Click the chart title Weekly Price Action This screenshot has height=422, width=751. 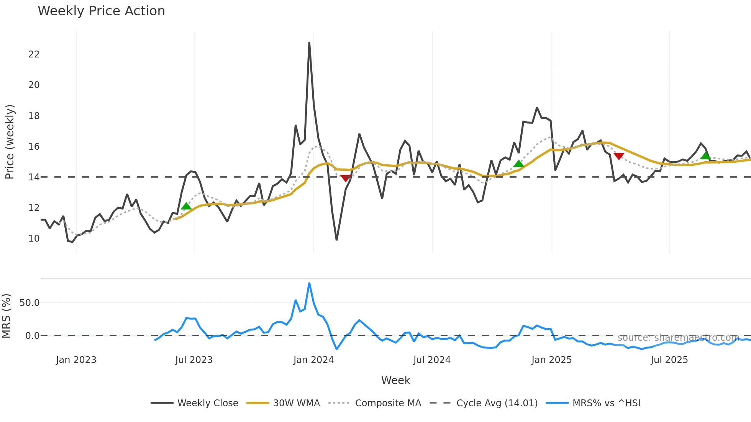click(x=101, y=11)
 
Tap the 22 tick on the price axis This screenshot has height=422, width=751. click(x=34, y=54)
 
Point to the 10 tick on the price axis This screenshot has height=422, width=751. click(x=34, y=239)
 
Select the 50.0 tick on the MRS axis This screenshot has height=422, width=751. click(x=30, y=303)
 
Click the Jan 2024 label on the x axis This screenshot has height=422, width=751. click(x=313, y=360)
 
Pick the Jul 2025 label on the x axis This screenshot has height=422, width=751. click(x=669, y=360)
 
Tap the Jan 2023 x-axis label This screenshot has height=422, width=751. click(x=76, y=360)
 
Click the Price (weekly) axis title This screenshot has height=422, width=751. click(x=10, y=142)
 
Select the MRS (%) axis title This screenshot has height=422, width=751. click(x=7, y=316)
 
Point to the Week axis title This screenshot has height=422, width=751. click(x=395, y=380)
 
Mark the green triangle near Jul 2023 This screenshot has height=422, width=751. click(x=186, y=206)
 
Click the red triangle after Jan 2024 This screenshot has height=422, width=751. click(x=346, y=178)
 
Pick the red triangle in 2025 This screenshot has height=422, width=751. click(x=619, y=156)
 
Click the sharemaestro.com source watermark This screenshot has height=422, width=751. click(x=678, y=338)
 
